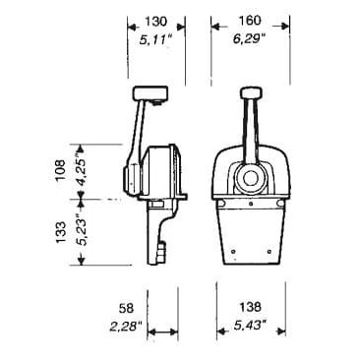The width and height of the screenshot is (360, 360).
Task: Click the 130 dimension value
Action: tap(155, 22)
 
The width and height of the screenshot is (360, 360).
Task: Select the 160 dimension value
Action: tap(250, 21)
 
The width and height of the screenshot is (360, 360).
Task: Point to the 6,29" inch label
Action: tap(249, 39)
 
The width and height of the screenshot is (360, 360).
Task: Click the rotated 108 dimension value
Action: tap(61, 171)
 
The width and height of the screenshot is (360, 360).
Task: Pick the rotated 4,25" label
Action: tap(81, 170)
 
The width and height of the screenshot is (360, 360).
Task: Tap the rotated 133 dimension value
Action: tap(61, 233)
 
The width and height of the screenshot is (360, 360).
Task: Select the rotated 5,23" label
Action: tap(81, 230)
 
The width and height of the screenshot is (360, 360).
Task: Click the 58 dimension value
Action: tap(127, 308)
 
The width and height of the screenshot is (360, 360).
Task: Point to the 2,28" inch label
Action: tap(126, 327)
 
